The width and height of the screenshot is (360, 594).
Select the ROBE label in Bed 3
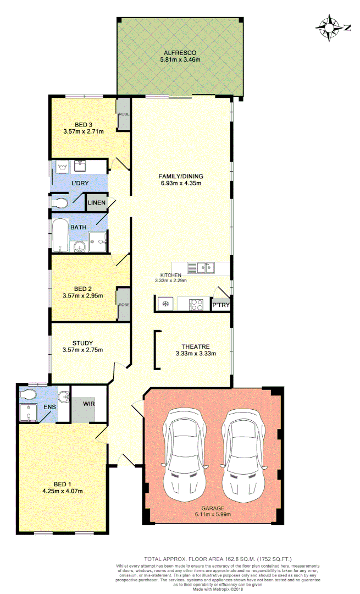(x=124, y=115)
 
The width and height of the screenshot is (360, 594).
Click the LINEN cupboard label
(x=96, y=203)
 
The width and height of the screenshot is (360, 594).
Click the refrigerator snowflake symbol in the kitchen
(x=164, y=304)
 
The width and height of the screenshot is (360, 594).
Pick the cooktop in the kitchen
(x=196, y=304)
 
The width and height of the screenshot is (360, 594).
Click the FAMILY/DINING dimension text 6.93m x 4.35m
(x=181, y=183)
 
